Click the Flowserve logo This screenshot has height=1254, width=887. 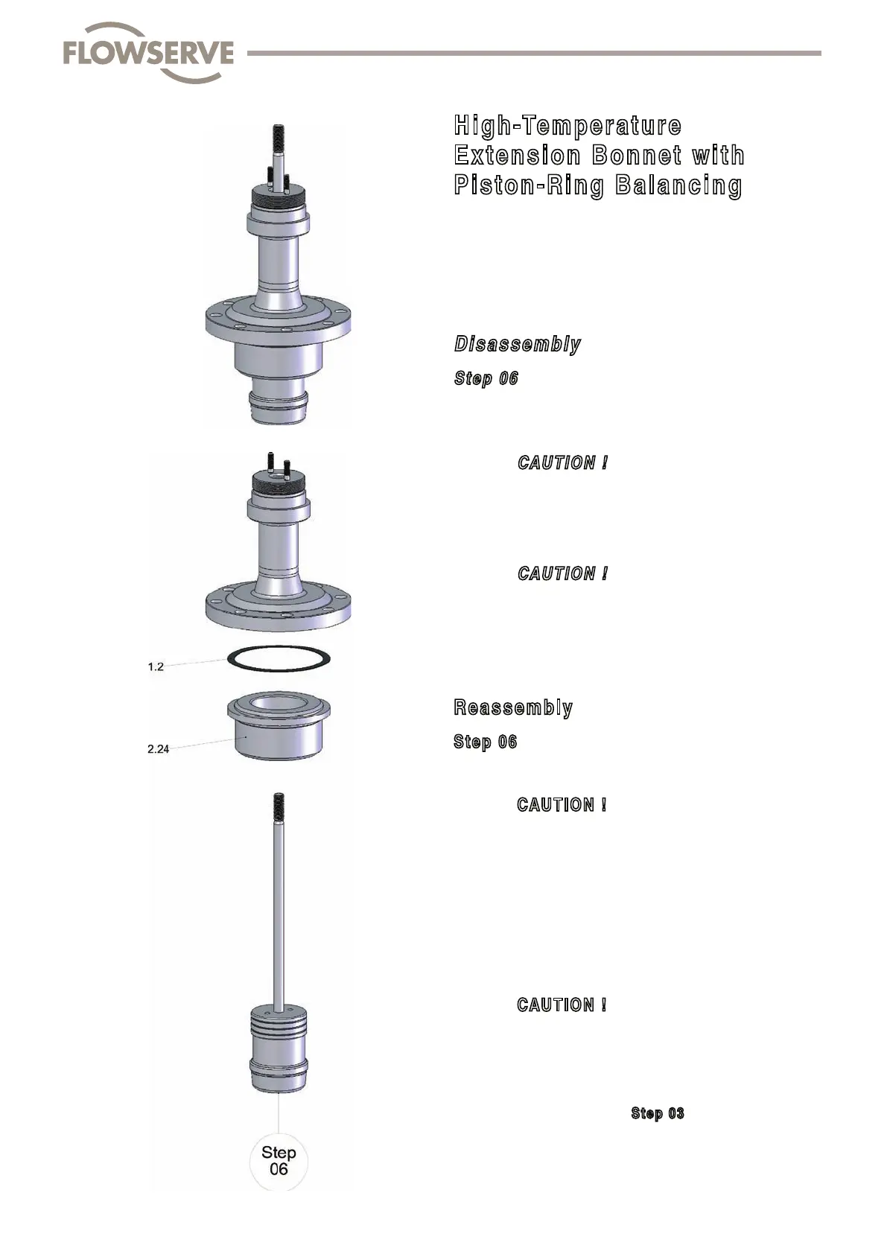(x=148, y=53)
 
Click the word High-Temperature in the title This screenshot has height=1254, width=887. (x=568, y=125)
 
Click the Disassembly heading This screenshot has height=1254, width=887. (x=517, y=344)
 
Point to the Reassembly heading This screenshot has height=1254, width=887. (x=513, y=707)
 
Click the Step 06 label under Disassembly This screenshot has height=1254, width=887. (x=486, y=378)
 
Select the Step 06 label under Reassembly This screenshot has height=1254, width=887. (x=485, y=742)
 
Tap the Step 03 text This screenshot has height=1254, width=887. (x=657, y=1113)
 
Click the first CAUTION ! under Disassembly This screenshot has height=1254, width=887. (x=562, y=462)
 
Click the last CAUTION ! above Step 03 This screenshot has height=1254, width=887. (x=562, y=1005)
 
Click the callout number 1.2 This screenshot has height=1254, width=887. (x=156, y=667)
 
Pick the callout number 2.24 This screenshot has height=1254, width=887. (x=158, y=749)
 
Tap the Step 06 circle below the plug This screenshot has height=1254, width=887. (x=279, y=1162)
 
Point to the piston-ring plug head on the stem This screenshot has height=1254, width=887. (x=278, y=1050)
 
